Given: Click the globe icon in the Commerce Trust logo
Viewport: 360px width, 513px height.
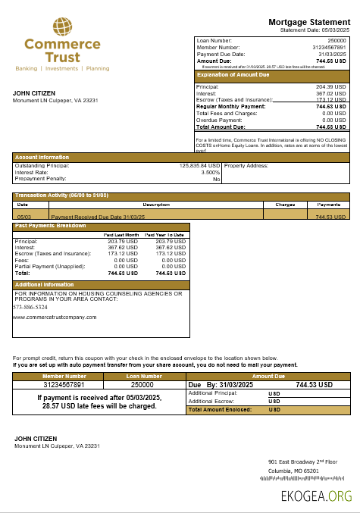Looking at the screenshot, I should (62, 27).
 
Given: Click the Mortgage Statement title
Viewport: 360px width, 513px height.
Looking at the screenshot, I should (308, 22).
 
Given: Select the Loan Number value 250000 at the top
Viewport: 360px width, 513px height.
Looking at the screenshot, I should (337, 39).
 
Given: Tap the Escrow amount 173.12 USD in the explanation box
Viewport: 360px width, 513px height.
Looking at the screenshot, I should (330, 100).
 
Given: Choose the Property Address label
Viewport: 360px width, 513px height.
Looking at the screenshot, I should (246, 165).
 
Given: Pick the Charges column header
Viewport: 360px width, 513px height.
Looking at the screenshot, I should (285, 205).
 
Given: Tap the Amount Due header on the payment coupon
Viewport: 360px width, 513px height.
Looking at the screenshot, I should (268, 376).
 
